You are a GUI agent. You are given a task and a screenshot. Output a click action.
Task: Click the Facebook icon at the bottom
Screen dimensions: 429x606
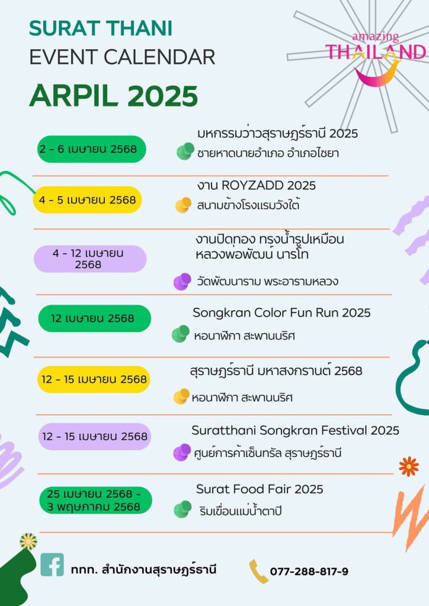[x=52, y=564]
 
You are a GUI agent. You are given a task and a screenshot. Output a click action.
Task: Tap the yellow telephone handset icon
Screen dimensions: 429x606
[x=258, y=571]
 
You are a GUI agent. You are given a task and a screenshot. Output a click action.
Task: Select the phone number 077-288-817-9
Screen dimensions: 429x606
[x=309, y=571]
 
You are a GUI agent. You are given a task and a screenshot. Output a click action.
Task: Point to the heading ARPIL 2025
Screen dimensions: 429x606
[x=114, y=95]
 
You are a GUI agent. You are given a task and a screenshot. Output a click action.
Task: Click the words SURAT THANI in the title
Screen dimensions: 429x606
[x=101, y=28]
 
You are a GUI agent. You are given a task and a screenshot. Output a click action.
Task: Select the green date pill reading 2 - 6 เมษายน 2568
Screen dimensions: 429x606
[x=92, y=149]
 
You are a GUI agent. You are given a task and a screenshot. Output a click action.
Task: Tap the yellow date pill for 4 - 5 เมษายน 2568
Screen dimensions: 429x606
[x=87, y=200]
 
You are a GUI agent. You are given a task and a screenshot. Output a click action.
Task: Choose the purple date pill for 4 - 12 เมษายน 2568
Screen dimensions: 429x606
[x=90, y=259]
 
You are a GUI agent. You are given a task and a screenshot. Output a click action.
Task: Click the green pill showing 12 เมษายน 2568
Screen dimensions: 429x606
[x=94, y=318]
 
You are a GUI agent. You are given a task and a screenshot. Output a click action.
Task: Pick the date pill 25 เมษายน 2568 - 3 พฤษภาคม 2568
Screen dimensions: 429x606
[x=95, y=501]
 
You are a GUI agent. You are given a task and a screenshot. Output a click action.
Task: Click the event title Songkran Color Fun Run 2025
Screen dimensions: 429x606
[x=281, y=312]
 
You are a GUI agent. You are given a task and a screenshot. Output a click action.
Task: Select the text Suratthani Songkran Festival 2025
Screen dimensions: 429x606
[x=295, y=430]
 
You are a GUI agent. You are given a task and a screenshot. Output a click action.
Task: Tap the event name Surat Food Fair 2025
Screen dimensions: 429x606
[x=260, y=489]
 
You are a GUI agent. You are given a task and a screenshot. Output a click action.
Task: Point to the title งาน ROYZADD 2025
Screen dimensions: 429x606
[x=256, y=185]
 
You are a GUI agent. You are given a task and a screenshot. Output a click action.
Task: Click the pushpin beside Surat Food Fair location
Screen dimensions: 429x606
[x=183, y=509]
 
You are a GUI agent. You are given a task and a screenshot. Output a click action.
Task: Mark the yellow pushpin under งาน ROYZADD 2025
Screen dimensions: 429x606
[x=183, y=205]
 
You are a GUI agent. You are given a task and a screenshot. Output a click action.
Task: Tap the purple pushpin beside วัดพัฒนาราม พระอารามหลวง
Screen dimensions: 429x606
[x=182, y=281]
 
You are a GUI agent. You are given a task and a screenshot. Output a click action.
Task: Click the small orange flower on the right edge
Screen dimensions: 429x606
[x=409, y=466]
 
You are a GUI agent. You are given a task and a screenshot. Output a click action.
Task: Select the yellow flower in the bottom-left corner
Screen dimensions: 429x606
[x=28, y=541]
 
